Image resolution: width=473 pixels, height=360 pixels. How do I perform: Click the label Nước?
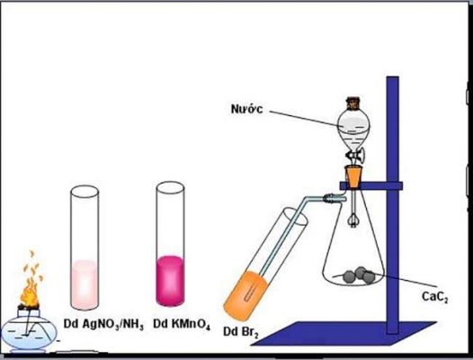click(x=246, y=109)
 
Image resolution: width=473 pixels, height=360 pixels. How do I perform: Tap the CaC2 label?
click(x=434, y=297)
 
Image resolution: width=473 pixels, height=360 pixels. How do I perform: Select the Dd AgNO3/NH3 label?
click(x=103, y=324)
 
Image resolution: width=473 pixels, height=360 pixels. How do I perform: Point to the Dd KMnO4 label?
click(x=182, y=324)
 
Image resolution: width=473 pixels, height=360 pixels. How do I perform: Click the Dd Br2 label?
click(x=241, y=332)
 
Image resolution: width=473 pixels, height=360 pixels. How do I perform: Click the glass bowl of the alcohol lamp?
click(x=29, y=332)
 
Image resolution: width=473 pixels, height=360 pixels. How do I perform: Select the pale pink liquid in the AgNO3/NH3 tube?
click(x=85, y=283)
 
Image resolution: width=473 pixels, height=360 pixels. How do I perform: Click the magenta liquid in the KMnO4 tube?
click(x=170, y=281)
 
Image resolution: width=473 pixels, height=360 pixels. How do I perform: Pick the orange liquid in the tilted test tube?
click(x=245, y=296)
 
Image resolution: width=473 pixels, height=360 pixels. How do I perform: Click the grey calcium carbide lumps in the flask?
click(x=359, y=275)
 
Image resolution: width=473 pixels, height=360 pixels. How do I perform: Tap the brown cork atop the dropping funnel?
click(x=353, y=103)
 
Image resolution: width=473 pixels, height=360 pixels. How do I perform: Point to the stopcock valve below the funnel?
click(x=355, y=156)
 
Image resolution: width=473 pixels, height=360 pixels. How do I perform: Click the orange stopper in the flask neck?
click(x=353, y=176)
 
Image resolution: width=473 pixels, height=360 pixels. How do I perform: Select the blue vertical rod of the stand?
click(x=392, y=205)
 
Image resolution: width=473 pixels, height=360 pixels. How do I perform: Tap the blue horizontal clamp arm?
click(x=370, y=185)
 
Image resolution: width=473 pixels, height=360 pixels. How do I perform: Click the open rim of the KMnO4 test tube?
click(x=170, y=188)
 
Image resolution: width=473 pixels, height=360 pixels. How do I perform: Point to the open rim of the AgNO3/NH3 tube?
click(x=85, y=192)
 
